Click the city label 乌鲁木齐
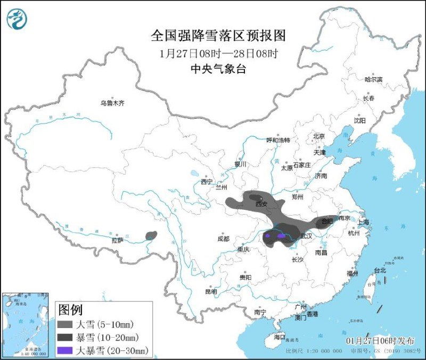tap(112, 103)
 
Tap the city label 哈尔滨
tap(373, 79)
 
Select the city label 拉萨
tap(117, 240)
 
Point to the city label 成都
tap(223, 239)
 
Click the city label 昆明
tap(211, 291)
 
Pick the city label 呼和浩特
tap(278, 140)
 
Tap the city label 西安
tap(261, 204)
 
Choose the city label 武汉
tap(306, 235)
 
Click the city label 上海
tap(364, 222)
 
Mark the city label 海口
tap(280, 337)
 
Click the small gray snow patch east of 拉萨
tap(152, 235)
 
